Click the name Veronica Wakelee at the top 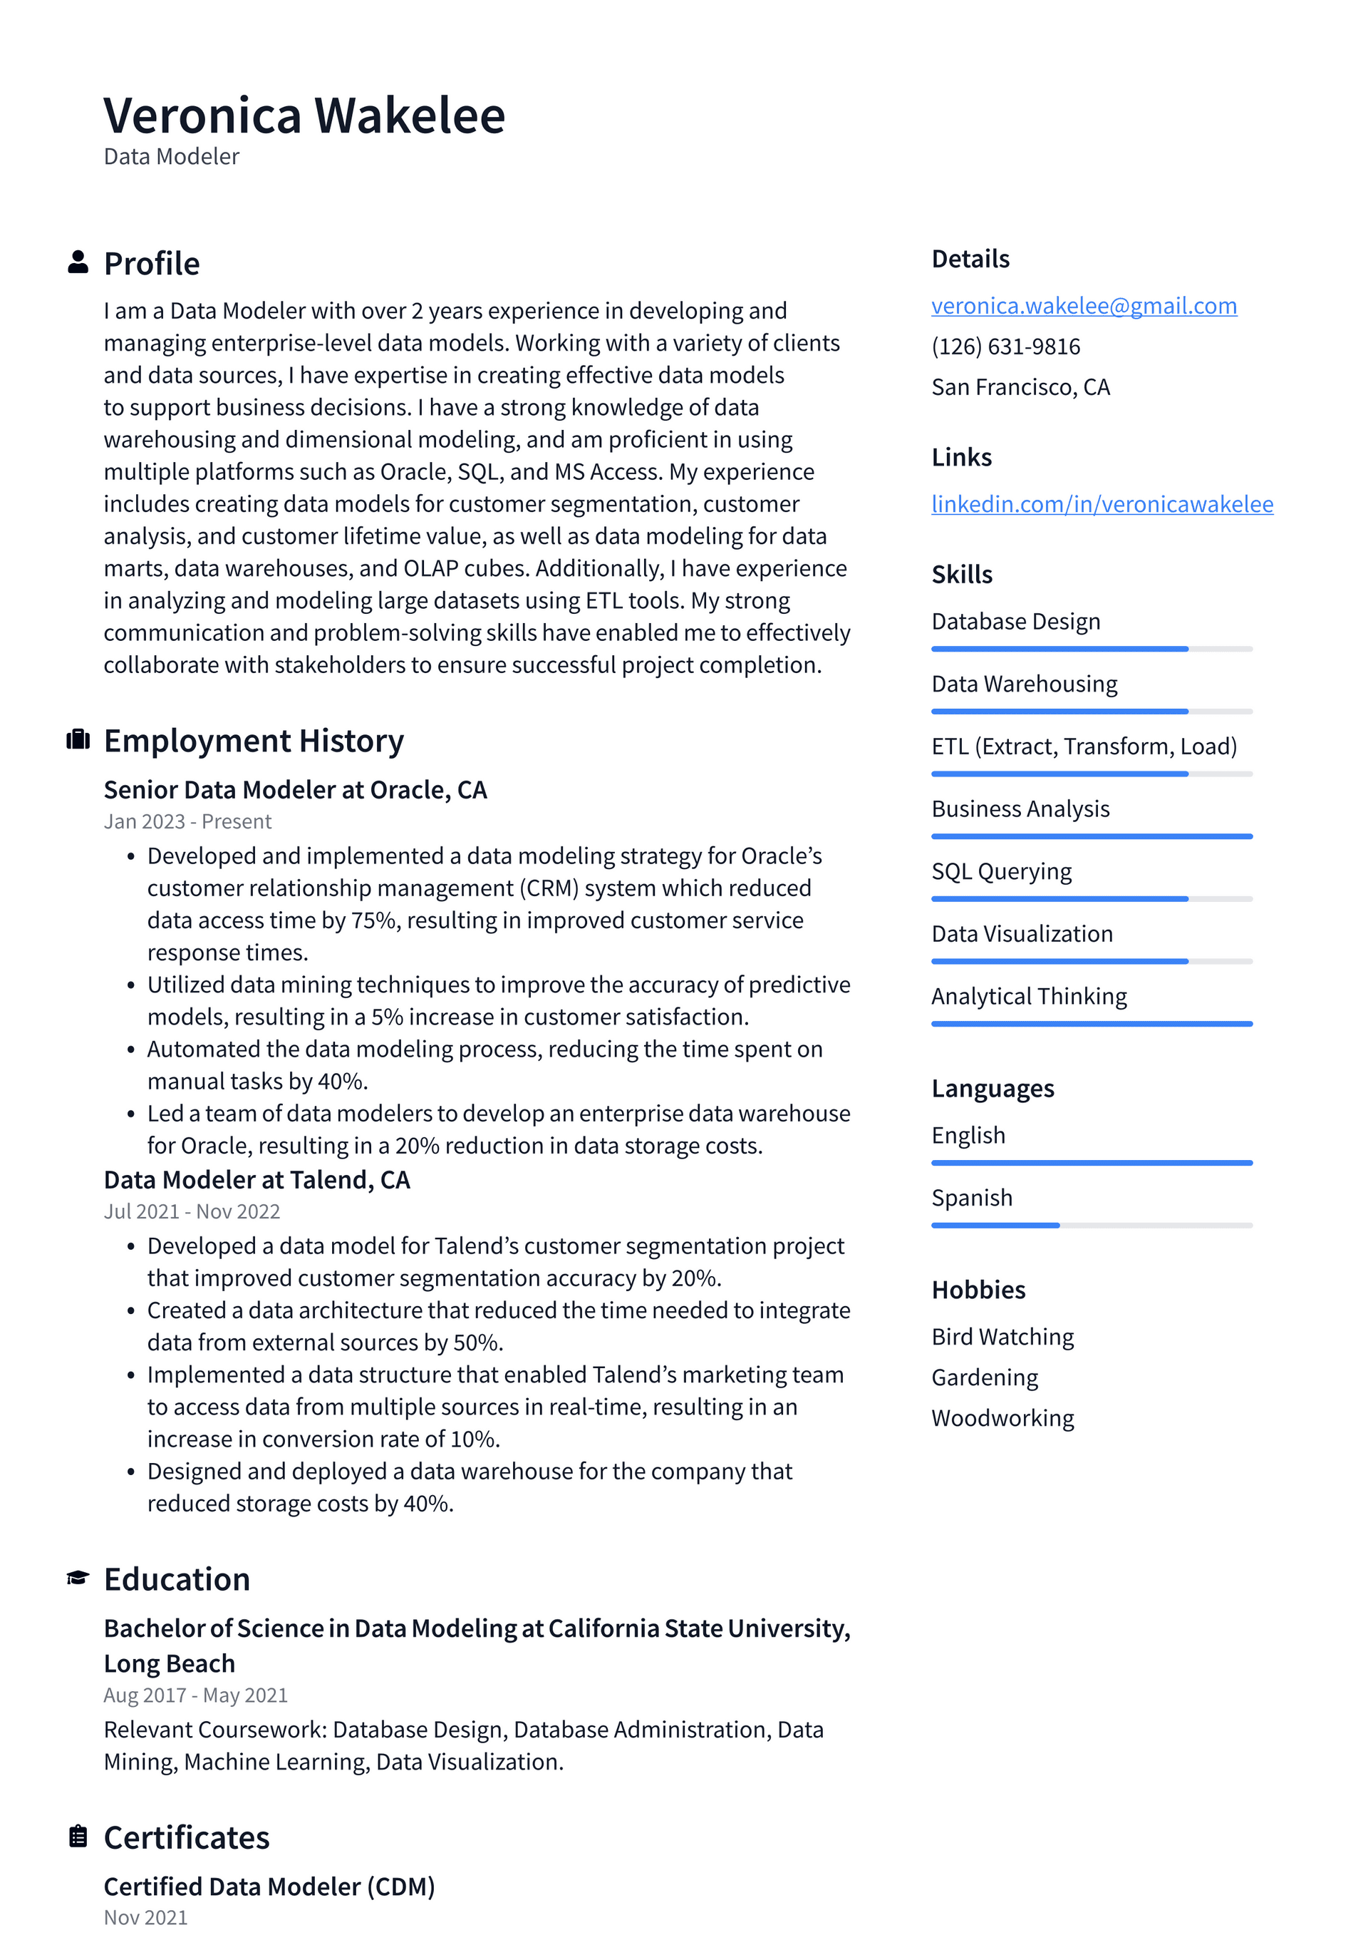pyautogui.click(x=304, y=116)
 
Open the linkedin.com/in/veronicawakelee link pyautogui.click(x=1101, y=504)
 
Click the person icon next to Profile pyautogui.click(x=78, y=262)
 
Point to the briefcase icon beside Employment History pyautogui.click(x=78, y=740)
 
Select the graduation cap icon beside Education pyautogui.click(x=78, y=1578)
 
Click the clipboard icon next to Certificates pyautogui.click(x=78, y=1837)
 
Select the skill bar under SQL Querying pyautogui.click(x=1091, y=899)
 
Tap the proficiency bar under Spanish pyautogui.click(x=1091, y=1226)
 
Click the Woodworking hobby pyautogui.click(x=1002, y=1418)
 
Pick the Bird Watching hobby pyautogui.click(x=1002, y=1338)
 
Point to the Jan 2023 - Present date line pyautogui.click(x=187, y=822)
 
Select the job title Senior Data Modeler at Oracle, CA pyautogui.click(x=295, y=791)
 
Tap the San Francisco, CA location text pyautogui.click(x=1020, y=388)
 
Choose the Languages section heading pyautogui.click(x=993, y=1089)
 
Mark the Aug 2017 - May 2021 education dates pyautogui.click(x=195, y=1695)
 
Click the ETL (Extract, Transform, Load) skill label pyautogui.click(x=1083, y=746)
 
